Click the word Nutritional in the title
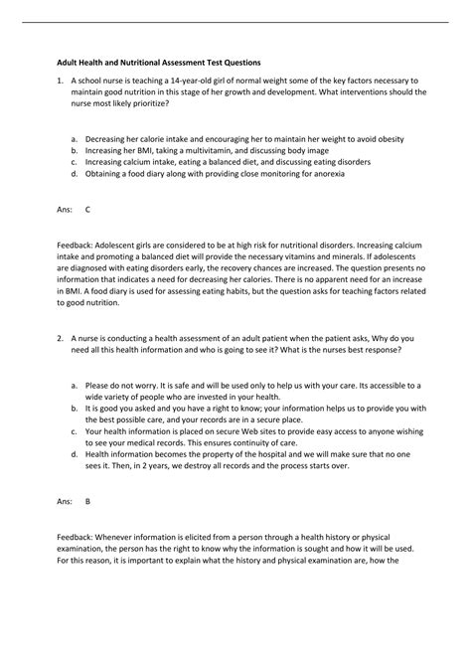[x=152, y=58]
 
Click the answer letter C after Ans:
[x=87, y=210]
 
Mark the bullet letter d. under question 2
[x=75, y=454]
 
